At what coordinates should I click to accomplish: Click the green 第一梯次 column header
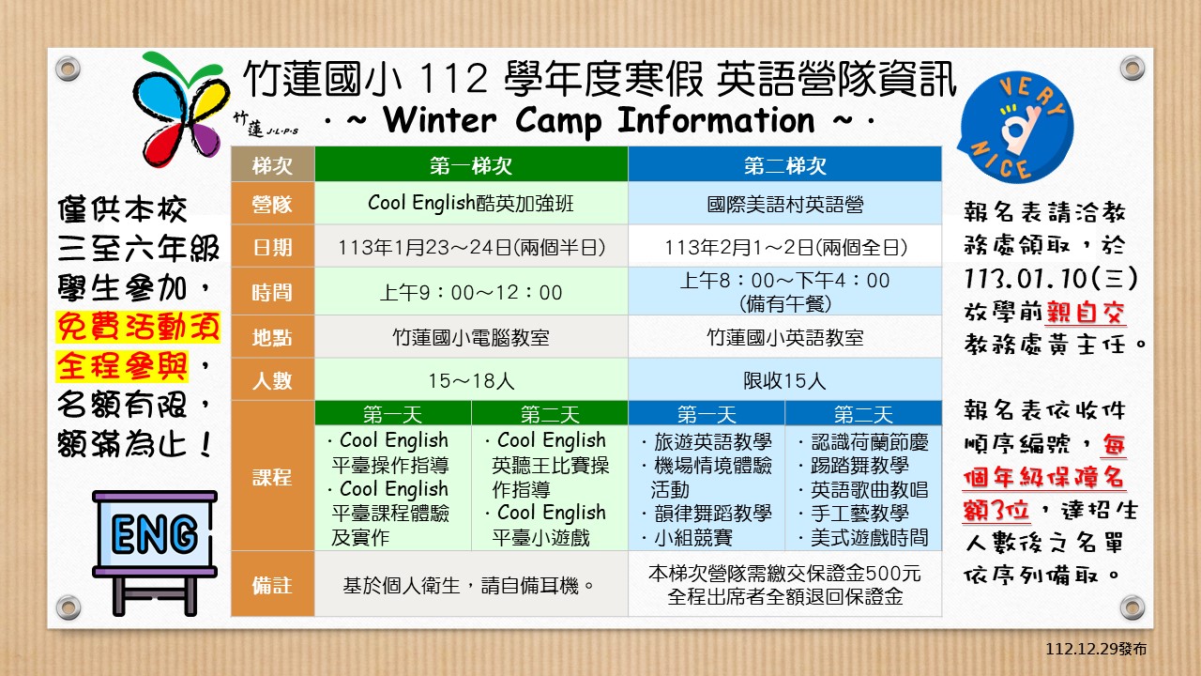click(471, 164)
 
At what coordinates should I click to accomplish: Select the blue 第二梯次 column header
click(785, 164)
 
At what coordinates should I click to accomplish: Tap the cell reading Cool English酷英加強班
click(471, 204)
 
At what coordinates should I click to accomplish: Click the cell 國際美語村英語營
click(785, 204)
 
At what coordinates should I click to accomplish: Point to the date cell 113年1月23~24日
click(471, 247)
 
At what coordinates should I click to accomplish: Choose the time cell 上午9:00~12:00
click(471, 292)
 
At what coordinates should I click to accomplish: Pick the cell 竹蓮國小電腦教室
click(471, 337)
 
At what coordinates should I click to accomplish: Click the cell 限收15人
click(785, 380)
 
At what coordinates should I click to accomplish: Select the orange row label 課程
click(272, 476)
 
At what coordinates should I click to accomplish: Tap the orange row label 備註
click(272, 585)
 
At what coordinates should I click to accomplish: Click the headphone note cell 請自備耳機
click(471, 585)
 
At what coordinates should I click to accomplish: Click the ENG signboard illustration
click(155, 553)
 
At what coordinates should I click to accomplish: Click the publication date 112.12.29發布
click(1096, 649)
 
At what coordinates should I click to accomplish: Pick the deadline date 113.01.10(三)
click(1050, 279)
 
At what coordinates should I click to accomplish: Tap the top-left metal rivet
click(68, 69)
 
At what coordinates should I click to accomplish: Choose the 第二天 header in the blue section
click(863, 414)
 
